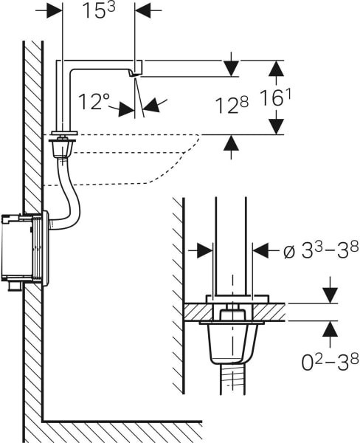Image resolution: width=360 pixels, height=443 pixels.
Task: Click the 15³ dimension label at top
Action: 99,12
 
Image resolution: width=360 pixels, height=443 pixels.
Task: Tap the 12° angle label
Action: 94,102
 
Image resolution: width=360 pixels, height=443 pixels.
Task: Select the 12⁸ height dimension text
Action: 232,105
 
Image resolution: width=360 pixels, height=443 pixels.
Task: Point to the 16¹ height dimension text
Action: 275,97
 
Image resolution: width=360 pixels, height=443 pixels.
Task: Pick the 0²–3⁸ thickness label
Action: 330,363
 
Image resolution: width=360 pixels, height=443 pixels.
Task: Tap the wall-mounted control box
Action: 25,250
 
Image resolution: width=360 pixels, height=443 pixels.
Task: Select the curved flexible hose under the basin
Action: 69,194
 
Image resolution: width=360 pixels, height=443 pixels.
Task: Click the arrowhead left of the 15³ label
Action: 54,10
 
